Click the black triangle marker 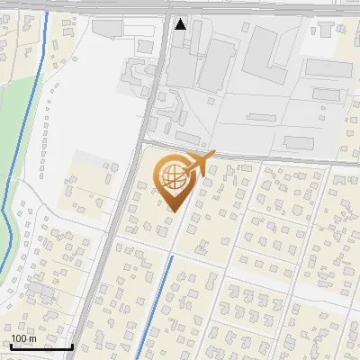click(181, 24)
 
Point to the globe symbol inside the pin click(171, 175)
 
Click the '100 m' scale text click(23, 338)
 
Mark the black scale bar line click(40, 346)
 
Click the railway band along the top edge click(180, 6)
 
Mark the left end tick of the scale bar click(10, 346)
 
